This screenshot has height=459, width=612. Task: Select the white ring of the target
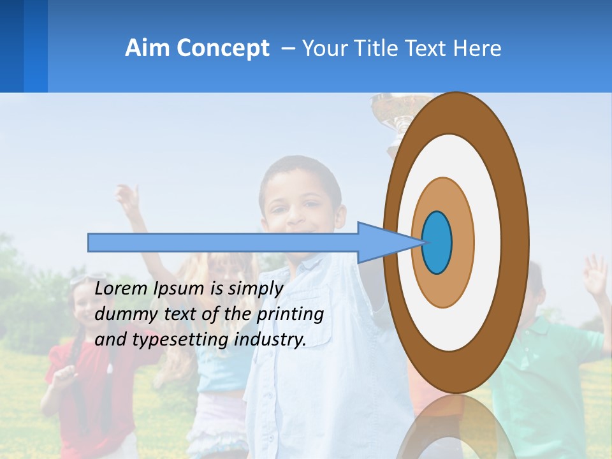click(x=488, y=242)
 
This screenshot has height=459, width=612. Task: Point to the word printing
click(x=290, y=315)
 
